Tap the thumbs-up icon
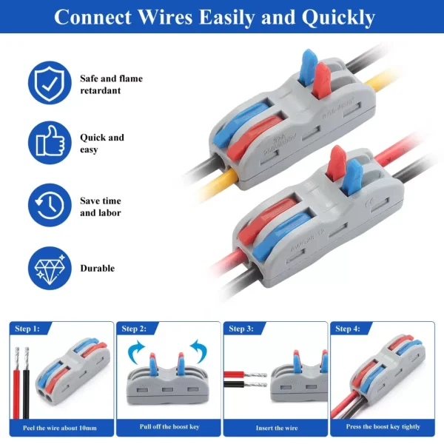pyautogui.click(x=50, y=144)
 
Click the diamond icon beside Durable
pyautogui.click(x=50, y=268)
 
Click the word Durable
pyautogui.click(x=97, y=269)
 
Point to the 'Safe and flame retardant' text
pyautogui.click(x=111, y=84)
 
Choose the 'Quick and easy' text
pyautogui.click(x=102, y=144)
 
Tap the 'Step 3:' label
pyautogui.click(x=241, y=329)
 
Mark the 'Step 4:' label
pyautogui.click(x=348, y=329)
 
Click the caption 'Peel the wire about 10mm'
pyautogui.click(x=61, y=428)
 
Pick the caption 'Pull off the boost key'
pyautogui.click(x=168, y=427)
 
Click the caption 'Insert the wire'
pyautogui.click(x=275, y=428)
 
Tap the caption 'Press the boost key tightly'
pyautogui.click(x=383, y=427)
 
